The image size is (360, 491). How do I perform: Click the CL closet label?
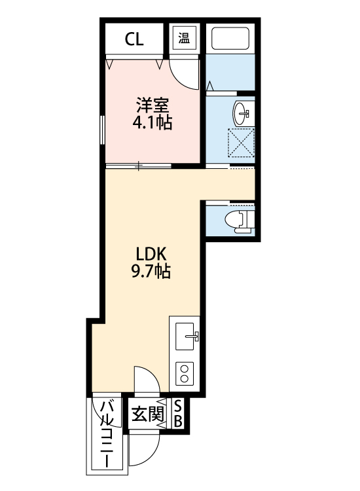[x=135, y=39]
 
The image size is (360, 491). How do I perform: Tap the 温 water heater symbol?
[x=184, y=37]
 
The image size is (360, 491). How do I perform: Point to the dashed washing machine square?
[x=240, y=143]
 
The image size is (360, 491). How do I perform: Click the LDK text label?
[x=153, y=253]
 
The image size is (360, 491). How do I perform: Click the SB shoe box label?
[x=178, y=414]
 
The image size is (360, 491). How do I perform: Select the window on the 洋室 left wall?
[x=102, y=128]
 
